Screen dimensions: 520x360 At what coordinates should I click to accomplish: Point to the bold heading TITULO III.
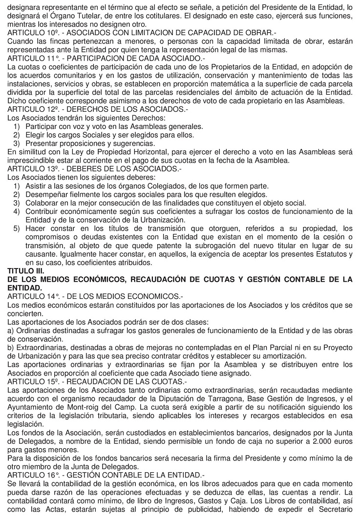point(25,270)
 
